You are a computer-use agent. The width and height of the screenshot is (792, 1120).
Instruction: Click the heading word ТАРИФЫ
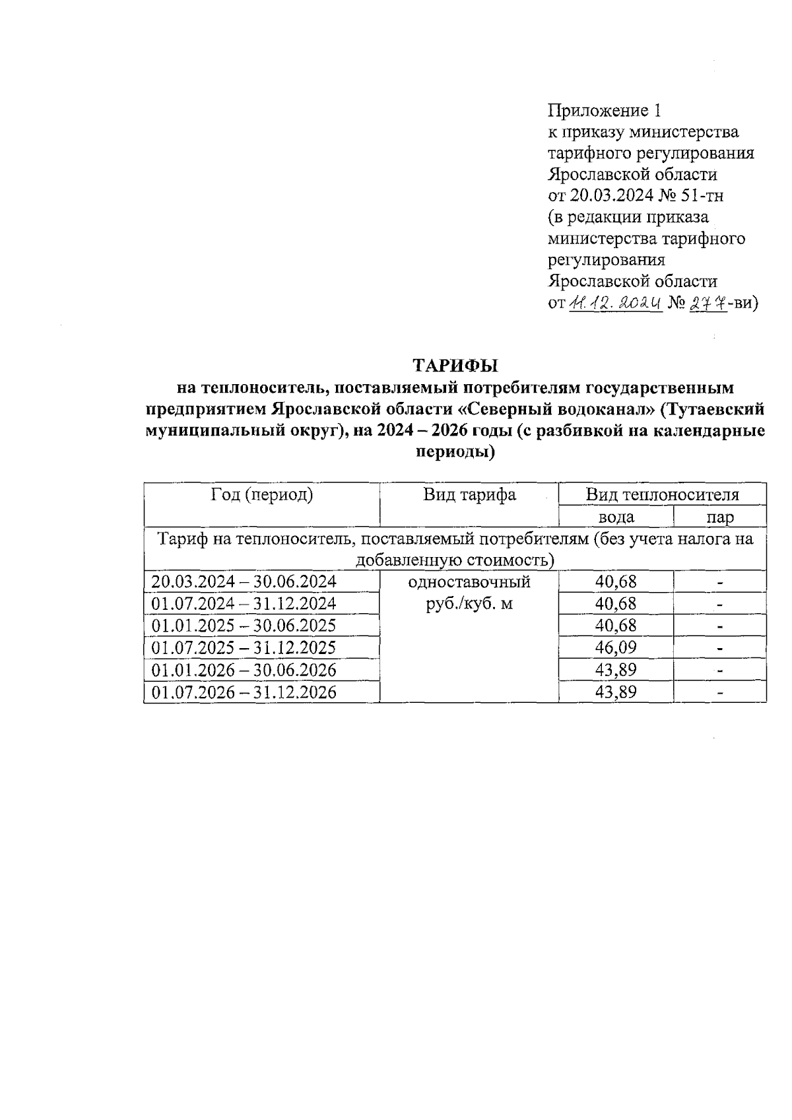[455, 365]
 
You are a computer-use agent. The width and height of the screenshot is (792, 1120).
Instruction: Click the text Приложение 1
[604, 110]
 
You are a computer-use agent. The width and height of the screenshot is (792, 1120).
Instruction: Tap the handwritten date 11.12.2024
[614, 304]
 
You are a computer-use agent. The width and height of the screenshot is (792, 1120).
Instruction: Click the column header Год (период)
[261, 495]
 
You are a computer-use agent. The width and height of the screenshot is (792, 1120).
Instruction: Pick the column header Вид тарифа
[469, 495]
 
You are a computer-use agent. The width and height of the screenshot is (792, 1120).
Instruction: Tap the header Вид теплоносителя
[662, 495]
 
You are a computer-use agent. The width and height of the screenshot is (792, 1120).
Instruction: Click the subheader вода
[616, 517]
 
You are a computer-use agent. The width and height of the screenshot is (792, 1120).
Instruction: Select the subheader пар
[719, 517]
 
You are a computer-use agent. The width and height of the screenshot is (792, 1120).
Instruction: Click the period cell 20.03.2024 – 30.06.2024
[244, 581]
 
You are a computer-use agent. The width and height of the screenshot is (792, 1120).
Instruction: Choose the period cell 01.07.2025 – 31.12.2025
[244, 647]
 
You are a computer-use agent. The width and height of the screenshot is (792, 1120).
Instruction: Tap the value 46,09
[616, 647]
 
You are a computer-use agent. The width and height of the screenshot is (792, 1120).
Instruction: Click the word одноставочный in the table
[469, 582]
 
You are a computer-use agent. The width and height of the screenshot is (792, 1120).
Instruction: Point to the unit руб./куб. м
[469, 603]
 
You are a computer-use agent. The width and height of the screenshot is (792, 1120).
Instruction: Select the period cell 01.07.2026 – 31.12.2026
[244, 692]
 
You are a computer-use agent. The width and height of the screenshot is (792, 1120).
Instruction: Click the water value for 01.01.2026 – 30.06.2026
[616, 670]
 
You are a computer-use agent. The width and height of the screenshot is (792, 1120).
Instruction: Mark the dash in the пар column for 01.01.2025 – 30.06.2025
[720, 626]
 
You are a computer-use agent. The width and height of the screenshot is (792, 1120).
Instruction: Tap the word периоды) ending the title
[455, 453]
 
